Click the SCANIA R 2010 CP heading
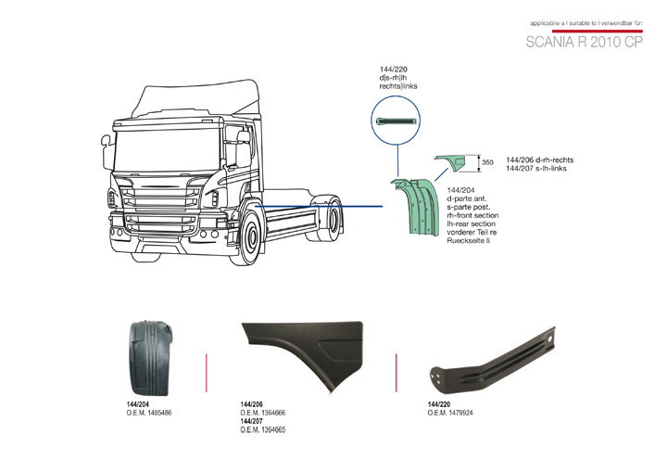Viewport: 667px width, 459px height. point(584,43)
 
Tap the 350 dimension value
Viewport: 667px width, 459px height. point(487,163)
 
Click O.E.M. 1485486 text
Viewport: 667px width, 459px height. point(148,413)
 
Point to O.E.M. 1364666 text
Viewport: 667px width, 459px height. point(262,413)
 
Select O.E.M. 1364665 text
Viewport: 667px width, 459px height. point(262,429)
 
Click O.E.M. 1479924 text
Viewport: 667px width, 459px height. point(450,413)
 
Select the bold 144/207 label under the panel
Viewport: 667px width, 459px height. point(252,421)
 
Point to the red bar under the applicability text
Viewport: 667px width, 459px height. point(584,30)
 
